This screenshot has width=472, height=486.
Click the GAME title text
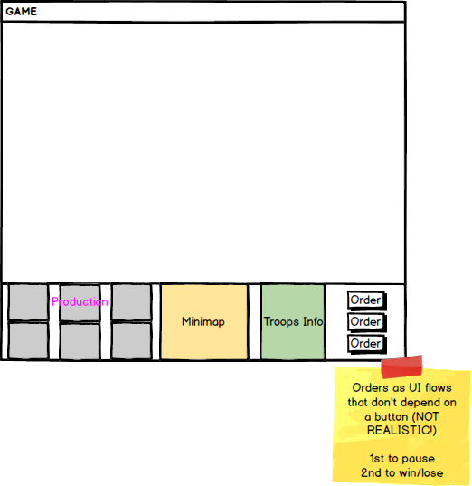(21, 12)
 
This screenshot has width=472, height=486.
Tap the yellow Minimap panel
(204, 321)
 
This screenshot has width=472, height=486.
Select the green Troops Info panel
(293, 321)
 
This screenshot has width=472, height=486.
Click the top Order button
(367, 300)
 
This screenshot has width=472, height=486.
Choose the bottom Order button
(367, 344)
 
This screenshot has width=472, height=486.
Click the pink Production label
(80, 301)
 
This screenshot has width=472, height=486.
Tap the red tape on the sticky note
(401, 367)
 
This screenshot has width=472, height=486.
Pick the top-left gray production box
(28, 302)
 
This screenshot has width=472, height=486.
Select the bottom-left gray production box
(28, 341)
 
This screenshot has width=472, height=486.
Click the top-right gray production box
(131, 302)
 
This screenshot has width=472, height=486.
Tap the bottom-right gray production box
(131, 341)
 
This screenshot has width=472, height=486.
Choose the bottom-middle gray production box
(80, 341)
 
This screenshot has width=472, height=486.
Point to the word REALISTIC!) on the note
(401, 431)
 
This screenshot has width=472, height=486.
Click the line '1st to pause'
(402, 459)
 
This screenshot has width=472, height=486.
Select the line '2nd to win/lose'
(402, 473)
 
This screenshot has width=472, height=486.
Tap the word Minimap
(203, 321)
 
